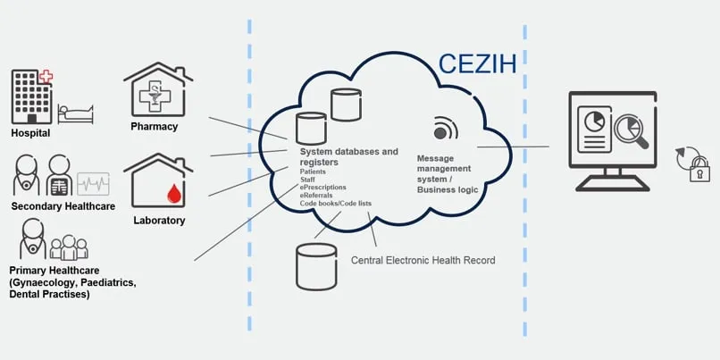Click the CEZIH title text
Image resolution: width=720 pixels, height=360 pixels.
click(x=477, y=64)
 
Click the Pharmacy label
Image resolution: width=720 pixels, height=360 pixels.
click(x=155, y=127)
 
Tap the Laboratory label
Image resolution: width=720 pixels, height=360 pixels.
click(x=159, y=220)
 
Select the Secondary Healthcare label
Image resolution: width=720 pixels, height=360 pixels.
click(x=63, y=206)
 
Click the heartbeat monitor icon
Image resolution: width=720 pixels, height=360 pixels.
click(x=93, y=184)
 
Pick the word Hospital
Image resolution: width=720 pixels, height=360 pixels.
click(x=30, y=133)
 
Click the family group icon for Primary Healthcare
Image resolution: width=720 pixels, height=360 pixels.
click(x=69, y=247)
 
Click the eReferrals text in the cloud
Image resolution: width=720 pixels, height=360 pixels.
click(x=321, y=196)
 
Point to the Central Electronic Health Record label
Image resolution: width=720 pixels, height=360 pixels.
click(x=423, y=261)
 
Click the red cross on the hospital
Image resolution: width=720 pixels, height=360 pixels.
click(x=45, y=77)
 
